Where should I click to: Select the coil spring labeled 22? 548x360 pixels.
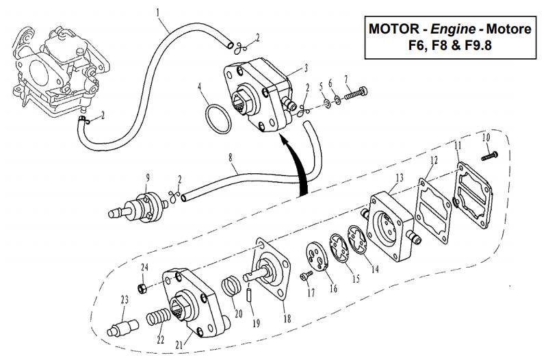point(159,320)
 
